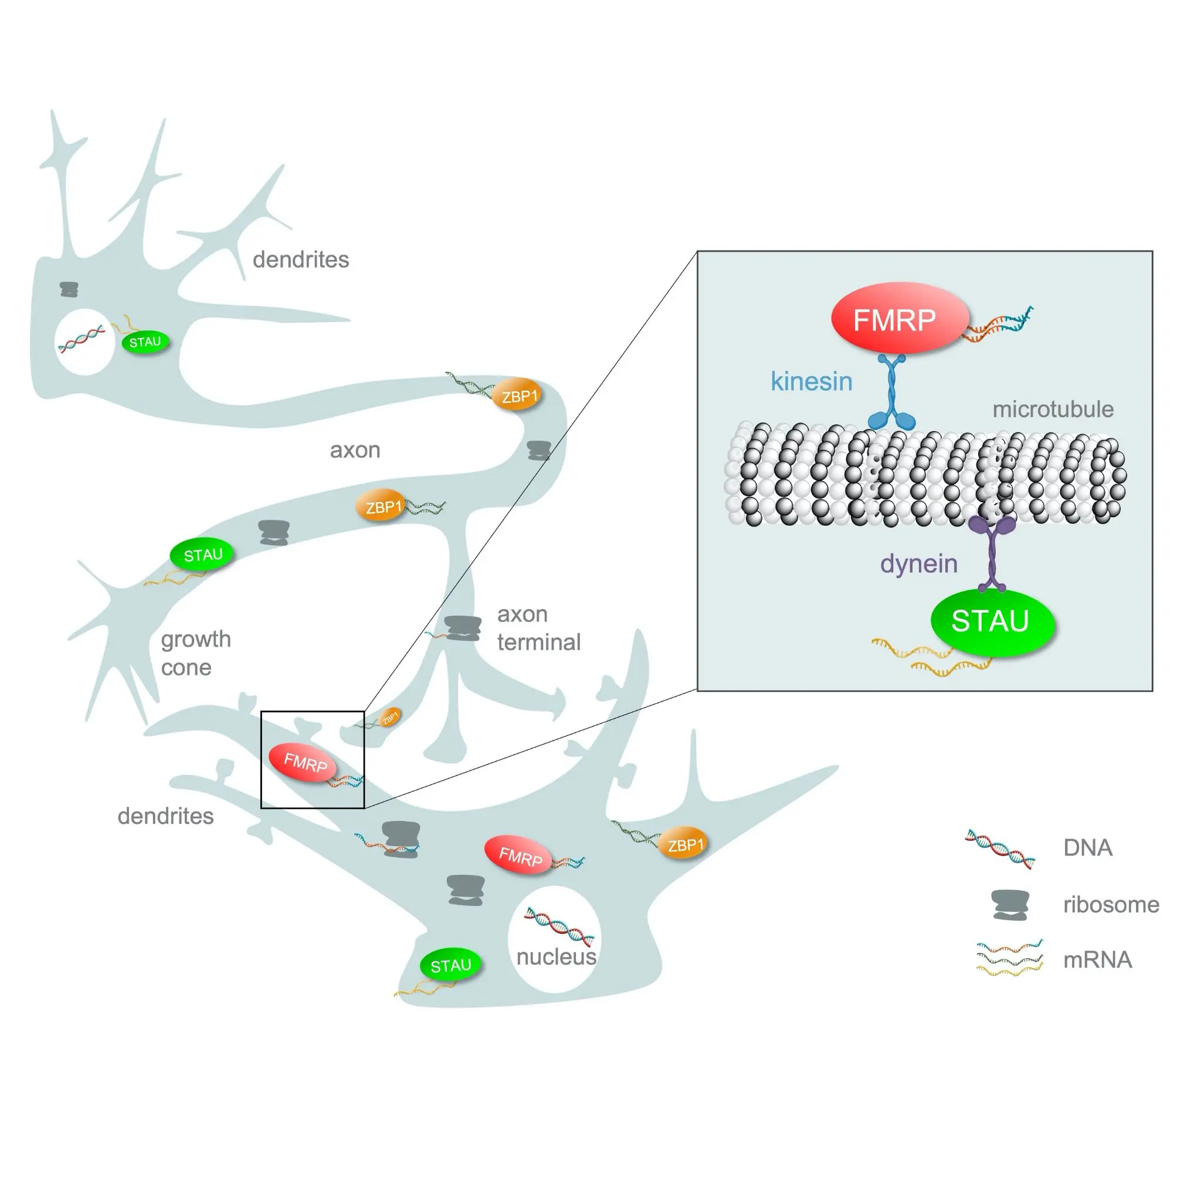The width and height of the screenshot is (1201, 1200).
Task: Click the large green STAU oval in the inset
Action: pyautogui.click(x=992, y=621)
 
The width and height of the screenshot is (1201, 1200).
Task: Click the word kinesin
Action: pyautogui.click(x=810, y=381)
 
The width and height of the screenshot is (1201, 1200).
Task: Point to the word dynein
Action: pyautogui.click(x=918, y=563)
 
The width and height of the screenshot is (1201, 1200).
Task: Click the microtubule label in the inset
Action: pyautogui.click(x=1052, y=410)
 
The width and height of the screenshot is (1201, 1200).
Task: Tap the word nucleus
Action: pyautogui.click(x=556, y=956)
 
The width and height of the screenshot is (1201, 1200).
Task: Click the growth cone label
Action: pyautogui.click(x=195, y=653)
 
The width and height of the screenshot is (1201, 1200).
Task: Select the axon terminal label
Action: pyautogui.click(x=538, y=628)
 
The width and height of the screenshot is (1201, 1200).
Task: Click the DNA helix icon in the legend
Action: pyautogui.click(x=1000, y=849)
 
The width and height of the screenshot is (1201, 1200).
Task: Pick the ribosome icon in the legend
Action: pyautogui.click(x=1010, y=904)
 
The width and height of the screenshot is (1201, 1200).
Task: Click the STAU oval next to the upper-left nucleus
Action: pyautogui.click(x=145, y=342)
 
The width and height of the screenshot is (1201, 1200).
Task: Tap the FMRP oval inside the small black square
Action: pyautogui.click(x=303, y=762)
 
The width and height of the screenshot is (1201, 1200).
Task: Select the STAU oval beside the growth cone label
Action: pyautogui.click(x=202, y=555)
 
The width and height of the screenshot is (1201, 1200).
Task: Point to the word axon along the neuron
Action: pyautogui.click(x=354, y=449)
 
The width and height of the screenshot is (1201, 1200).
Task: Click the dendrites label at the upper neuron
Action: pyautogui.click(x=300, y=259)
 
